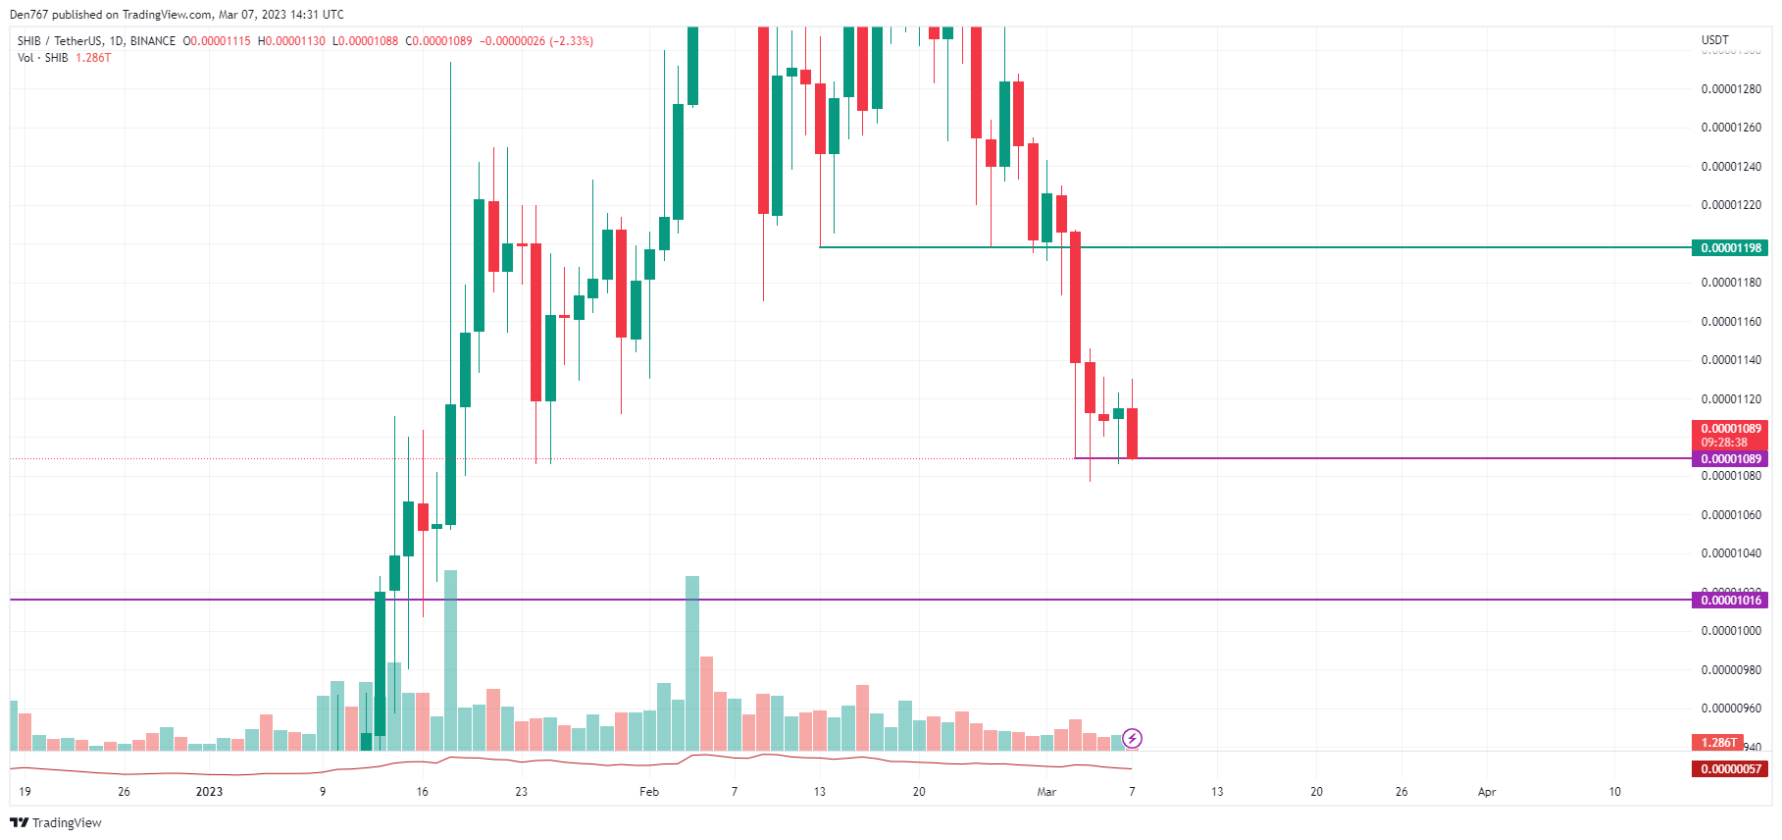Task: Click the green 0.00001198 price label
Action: [1730, 248]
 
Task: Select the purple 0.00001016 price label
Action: [1730, 601]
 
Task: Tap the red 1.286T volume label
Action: [1717, 743]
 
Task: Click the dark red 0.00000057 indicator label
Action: [1730, 769]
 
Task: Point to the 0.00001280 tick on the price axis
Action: [1730, 89]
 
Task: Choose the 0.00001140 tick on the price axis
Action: [1730, 360]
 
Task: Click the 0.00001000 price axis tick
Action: [1730, 631]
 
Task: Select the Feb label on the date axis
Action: [649, 792]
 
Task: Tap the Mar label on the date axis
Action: [1046, 792]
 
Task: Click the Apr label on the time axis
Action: [1487, 792]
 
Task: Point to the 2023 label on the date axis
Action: [209, 792]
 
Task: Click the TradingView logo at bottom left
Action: [56, 822]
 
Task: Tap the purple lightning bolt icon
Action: [1132, 738]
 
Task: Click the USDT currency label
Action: [1714, 40]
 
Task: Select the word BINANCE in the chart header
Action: [153, 41]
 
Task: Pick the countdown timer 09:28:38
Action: [1724, 443]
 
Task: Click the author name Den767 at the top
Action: [28, 15]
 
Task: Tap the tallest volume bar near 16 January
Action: [450, 659]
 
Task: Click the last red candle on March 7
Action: [1132, 433]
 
